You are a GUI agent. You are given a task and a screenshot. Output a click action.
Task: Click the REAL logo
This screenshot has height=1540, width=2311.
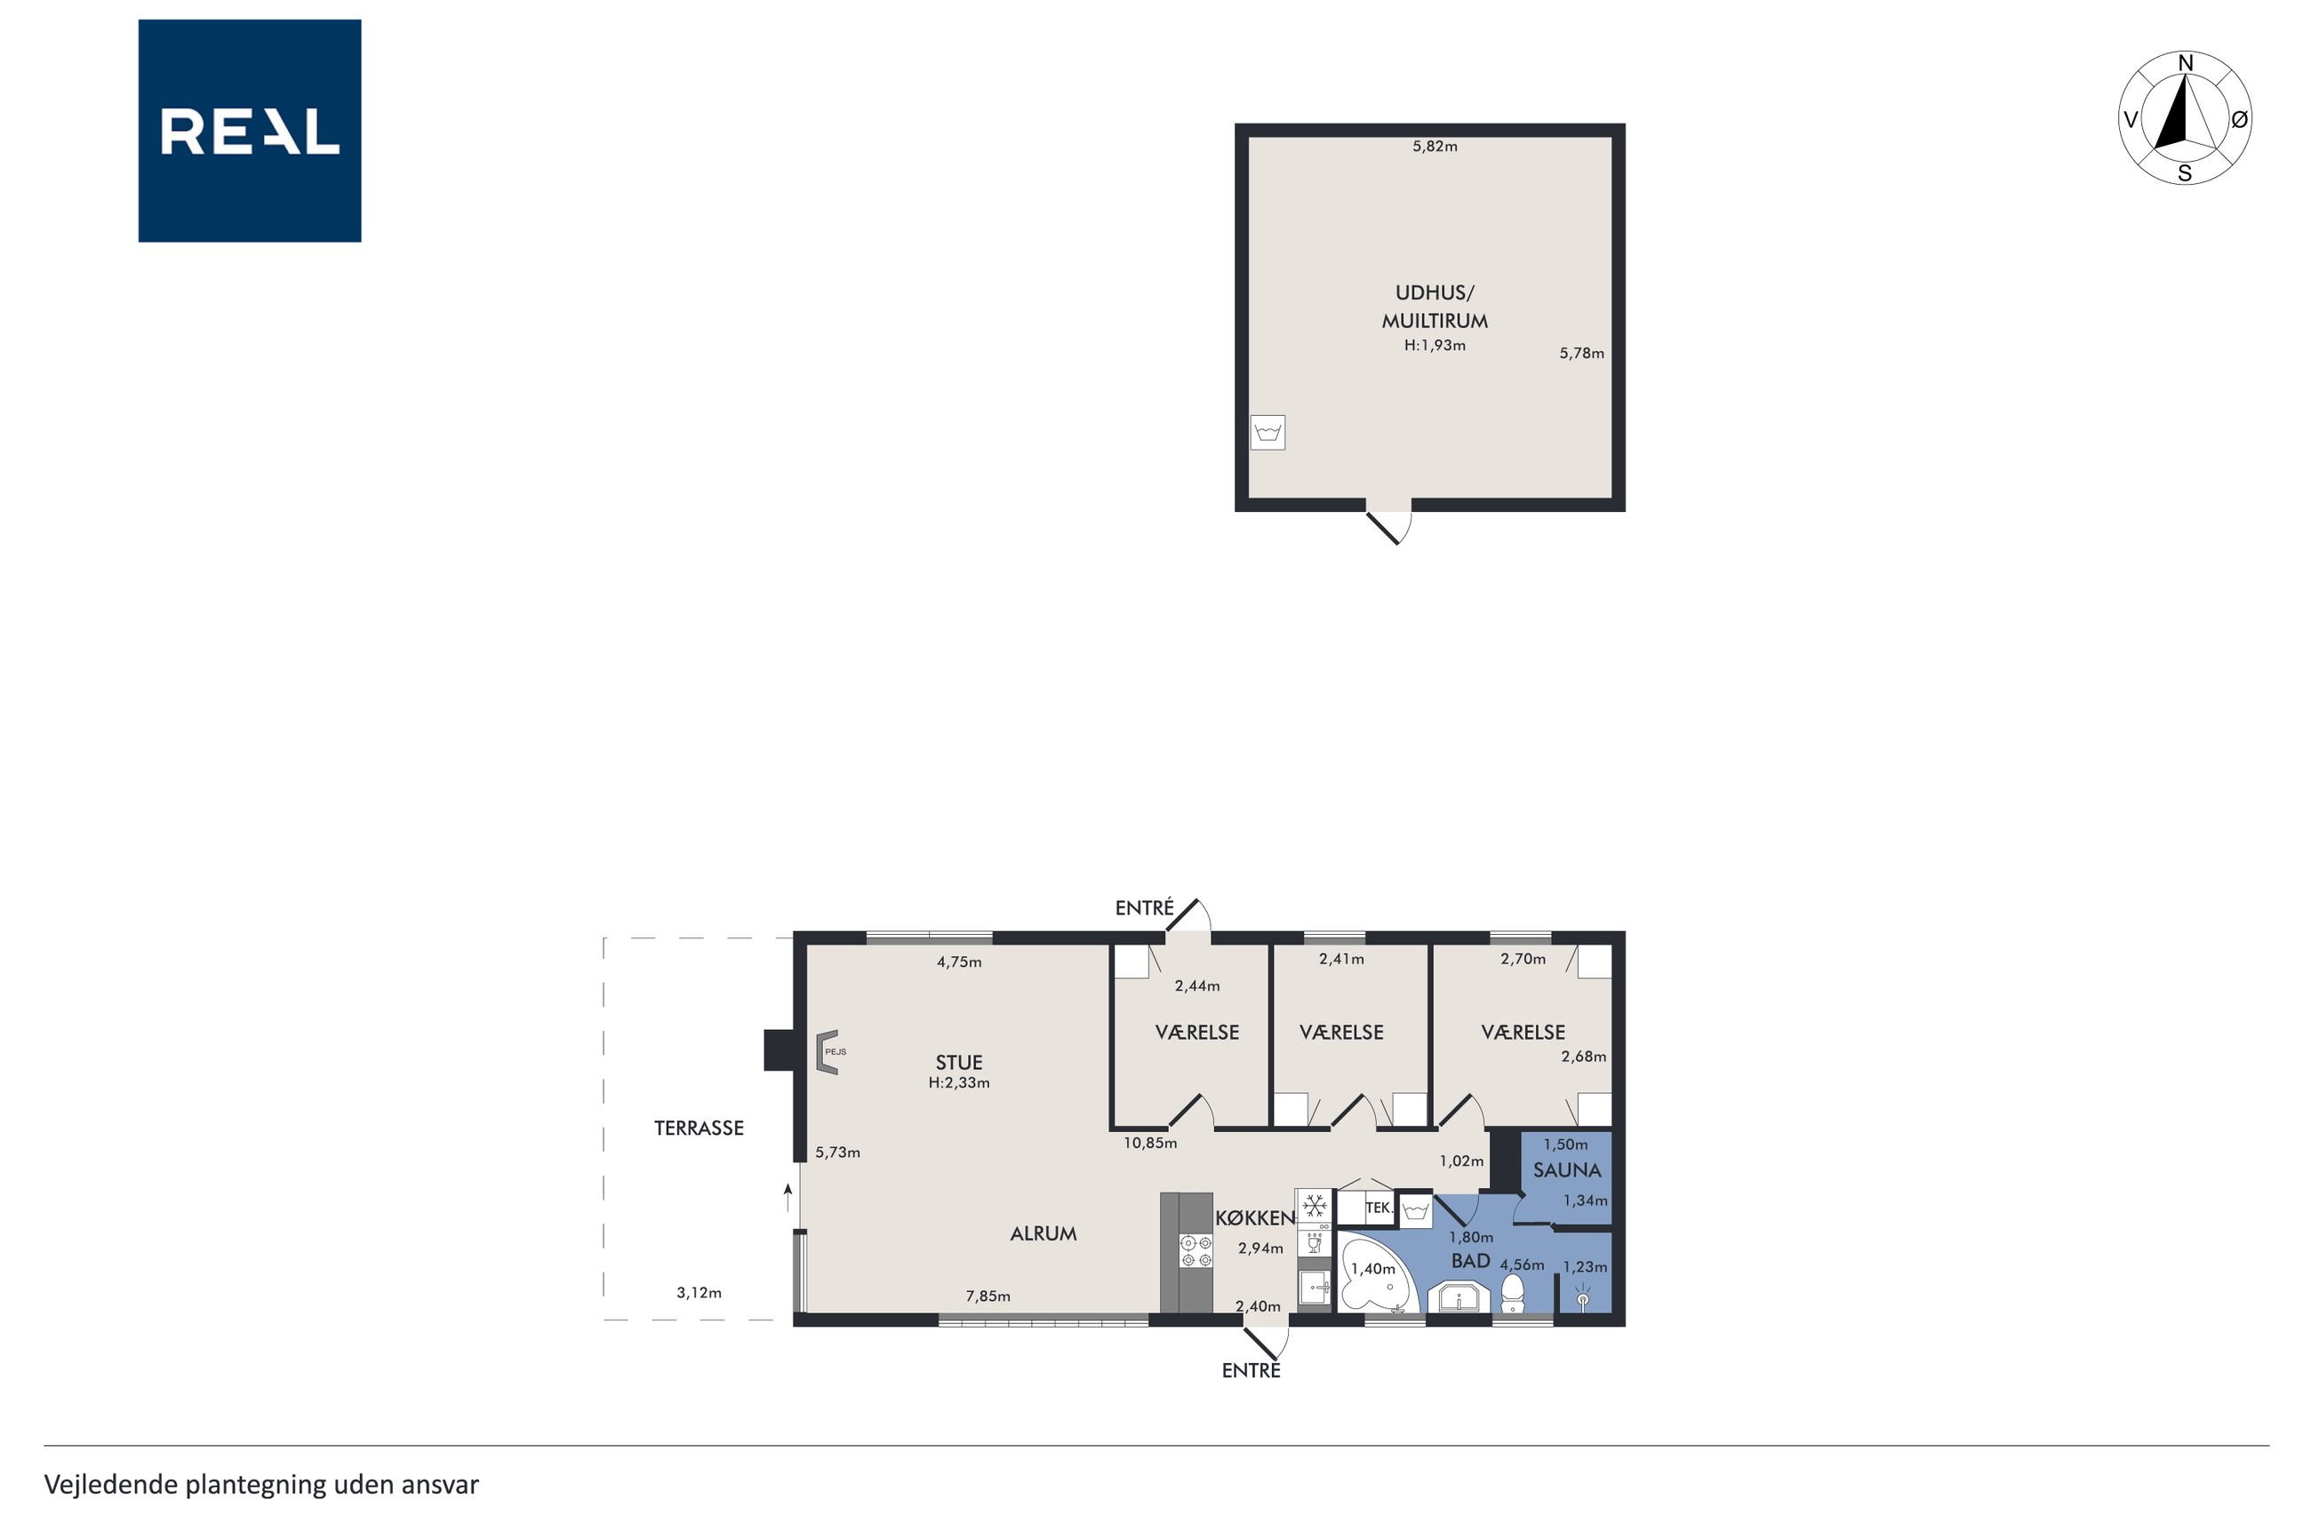tap(250, 131)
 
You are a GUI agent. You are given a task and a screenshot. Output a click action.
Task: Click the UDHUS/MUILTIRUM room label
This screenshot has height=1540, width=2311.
tap(1434, 307)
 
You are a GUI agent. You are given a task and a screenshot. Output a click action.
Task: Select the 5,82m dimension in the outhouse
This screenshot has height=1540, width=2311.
tap(1434, 147)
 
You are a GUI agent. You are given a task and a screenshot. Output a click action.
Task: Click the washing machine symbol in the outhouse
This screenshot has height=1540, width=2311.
tap(1267, 432)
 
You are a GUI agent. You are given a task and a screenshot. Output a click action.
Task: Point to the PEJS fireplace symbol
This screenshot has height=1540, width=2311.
tap(828, 1052)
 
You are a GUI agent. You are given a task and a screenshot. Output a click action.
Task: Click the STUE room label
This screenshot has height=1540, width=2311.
tap(958, 1062)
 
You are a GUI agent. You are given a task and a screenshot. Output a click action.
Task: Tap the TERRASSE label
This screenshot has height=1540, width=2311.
tap(699, 1128)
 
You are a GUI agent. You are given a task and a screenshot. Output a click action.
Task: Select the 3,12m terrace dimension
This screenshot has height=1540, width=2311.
tap(699, 1292)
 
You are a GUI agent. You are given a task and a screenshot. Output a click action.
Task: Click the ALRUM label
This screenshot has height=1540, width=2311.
tap(1043, 1233)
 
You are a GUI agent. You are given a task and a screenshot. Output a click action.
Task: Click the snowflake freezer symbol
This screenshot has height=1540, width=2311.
tap(1314, 1205)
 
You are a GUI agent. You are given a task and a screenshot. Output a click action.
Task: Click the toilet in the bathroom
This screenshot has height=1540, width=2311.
tap(1513, 1294)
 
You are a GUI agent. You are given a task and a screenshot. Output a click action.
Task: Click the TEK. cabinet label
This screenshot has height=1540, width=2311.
tap(1378, 1208)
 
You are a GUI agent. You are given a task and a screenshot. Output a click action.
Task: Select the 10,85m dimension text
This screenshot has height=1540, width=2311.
tap(1150, 1142)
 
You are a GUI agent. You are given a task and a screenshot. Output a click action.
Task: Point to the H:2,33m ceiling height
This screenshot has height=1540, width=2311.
tap(958, 1082)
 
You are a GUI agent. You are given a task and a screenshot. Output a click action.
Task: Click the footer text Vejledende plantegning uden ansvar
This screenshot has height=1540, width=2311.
tap(261, 1484)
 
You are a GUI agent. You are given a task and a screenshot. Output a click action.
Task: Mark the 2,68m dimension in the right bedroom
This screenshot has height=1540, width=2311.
tap(1583, 1057)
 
